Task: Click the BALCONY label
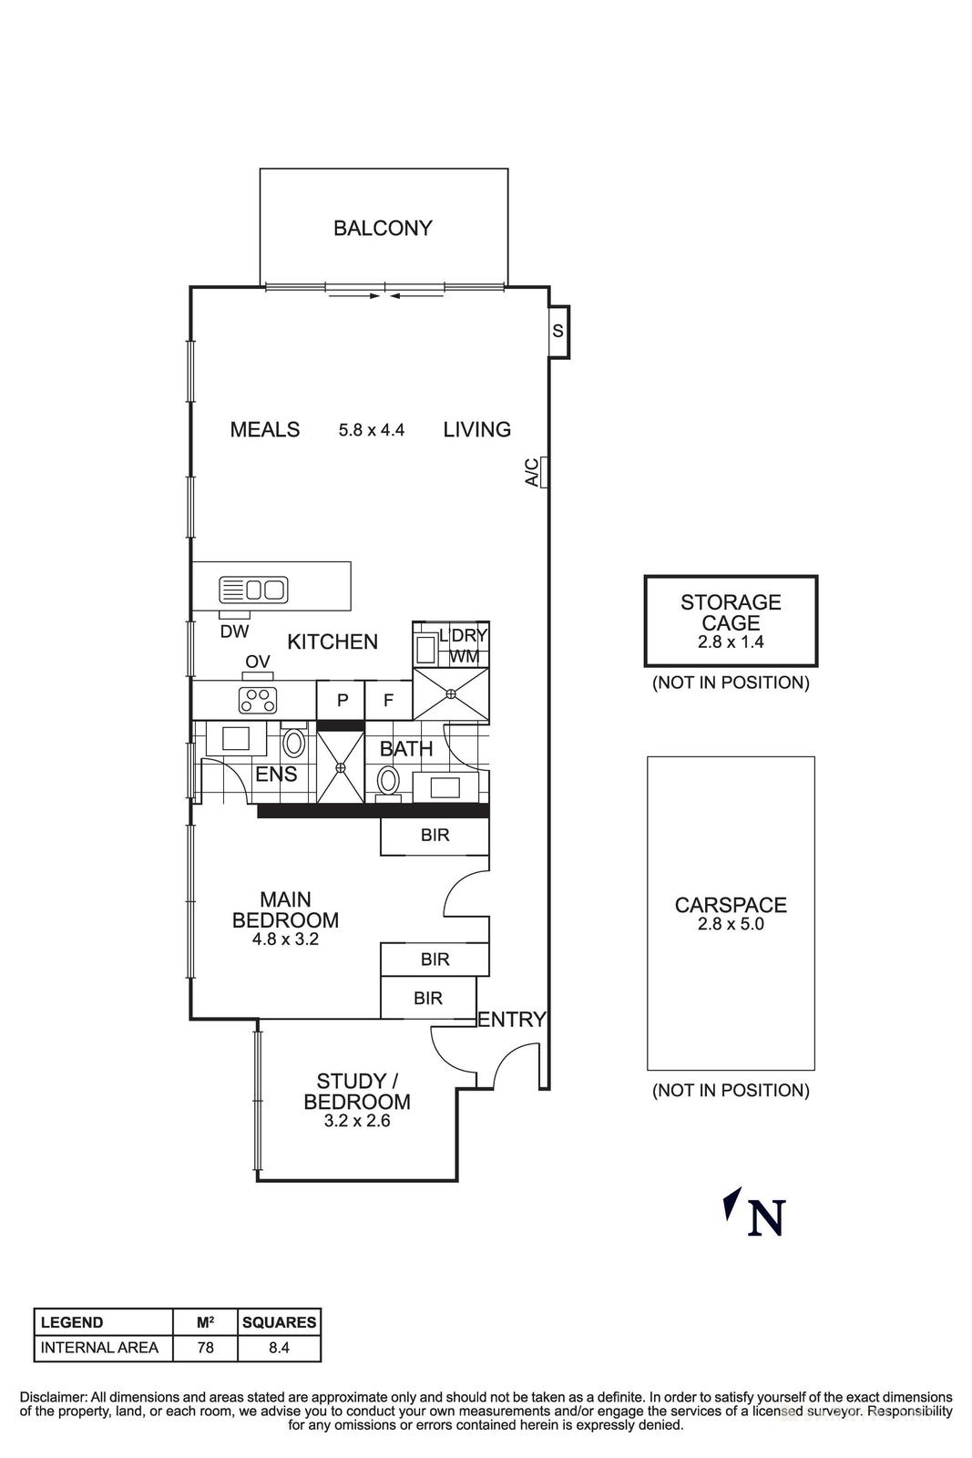coord(382,228)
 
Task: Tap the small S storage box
coord(558,331)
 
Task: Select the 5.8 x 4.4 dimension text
coord(371,430)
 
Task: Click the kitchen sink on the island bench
coord(254,590)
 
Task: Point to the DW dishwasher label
coord(234,631)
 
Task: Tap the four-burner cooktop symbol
coord(257,700)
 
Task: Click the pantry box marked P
coord(343,701)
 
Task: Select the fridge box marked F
coord(388,701)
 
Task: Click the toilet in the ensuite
coord(293,742)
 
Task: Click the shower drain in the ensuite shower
coord(340,767)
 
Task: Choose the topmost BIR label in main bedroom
coord(435,835)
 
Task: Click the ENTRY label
coord(512,1020)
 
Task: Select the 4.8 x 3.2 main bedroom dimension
coord(285,939)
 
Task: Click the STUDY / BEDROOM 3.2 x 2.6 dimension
coord(356,1122)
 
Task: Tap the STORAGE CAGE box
coord(731,621)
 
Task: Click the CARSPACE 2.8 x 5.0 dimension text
coord(731,923)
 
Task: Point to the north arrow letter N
coord(765,1218)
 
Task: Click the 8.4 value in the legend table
coord(279,1347)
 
